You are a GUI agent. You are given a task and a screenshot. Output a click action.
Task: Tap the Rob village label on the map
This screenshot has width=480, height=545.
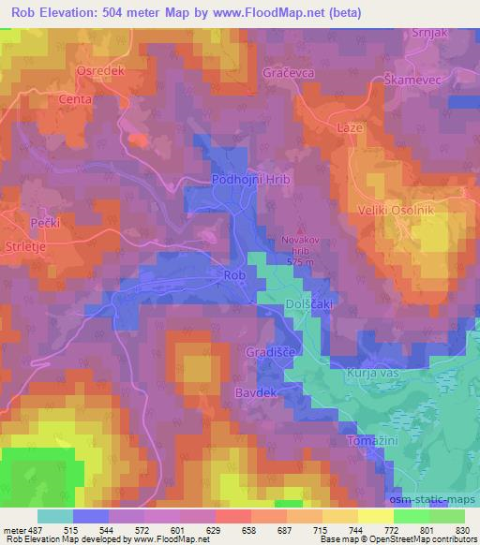(234, 274)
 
